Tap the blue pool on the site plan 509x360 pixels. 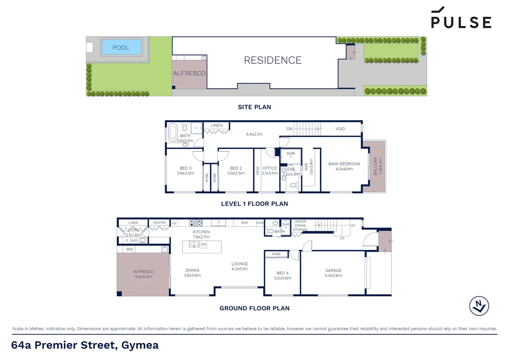pyautogui.click(x=121, y=47)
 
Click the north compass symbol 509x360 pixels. pyautogui.click(x=479, y=306)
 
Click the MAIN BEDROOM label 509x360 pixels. pyautogui.click(x=344, y=164)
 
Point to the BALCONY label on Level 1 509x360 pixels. pyautogui.click(x=375, y=166)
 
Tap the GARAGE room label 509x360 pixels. pyautogui.click(x=333, y=271)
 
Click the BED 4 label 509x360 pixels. pyautogui.click(x=282, y=273)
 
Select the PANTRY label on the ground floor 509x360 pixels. pyautogui.click(x=160, y=223)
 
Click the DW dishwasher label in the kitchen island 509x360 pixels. pyautogui.click(x=203, y=244)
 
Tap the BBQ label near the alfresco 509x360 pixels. pyautogui.click(x=130, y=249)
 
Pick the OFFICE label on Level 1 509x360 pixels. pyautogui.click(x=269, y=168)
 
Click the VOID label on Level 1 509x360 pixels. pyautogui.click(x=340, y=129)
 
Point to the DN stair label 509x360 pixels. pyautogui.click(x=289, y=129)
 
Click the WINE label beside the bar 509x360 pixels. pyautogui.click(x=260, y=223)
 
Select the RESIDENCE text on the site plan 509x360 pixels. pyautogui.click(x=272, y=60)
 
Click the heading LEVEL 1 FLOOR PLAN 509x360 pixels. pyautogui.click(x=254, y=204)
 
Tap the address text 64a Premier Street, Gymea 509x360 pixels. pyautogui.click(x=85, y=345)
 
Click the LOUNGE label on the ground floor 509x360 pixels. pyautogui.click(x=240, y=264)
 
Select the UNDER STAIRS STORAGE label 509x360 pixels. pyautogui.click(x=300, y=226)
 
